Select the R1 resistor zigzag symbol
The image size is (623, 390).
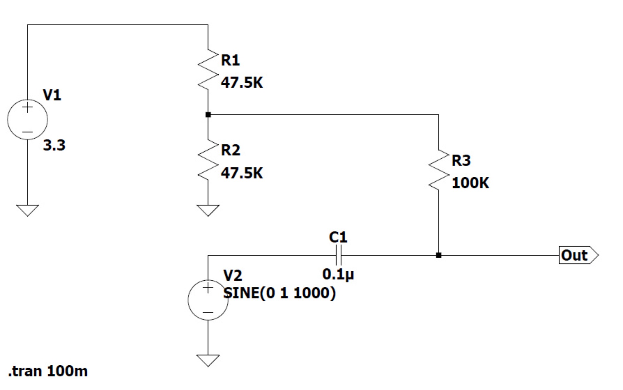tap(208, 69)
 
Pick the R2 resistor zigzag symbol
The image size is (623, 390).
tap(208, 160)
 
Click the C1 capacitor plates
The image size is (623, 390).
tap(338, 255)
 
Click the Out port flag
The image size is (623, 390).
tap(579, 255)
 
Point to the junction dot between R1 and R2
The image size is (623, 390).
tap(208, 115)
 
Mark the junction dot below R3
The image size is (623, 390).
tap(439, 255)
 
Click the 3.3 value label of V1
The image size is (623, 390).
tap(54, 145)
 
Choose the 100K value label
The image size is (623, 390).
tap(470, 183)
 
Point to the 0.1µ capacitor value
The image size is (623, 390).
tap(338, 274)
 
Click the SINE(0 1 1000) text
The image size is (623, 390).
tap(279, 293)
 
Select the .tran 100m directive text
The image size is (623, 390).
tap(48, 371)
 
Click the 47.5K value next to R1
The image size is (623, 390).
tap(242, 82)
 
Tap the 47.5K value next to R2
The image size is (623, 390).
tap(242, 173)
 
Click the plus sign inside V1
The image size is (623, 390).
tap(28, 107)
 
